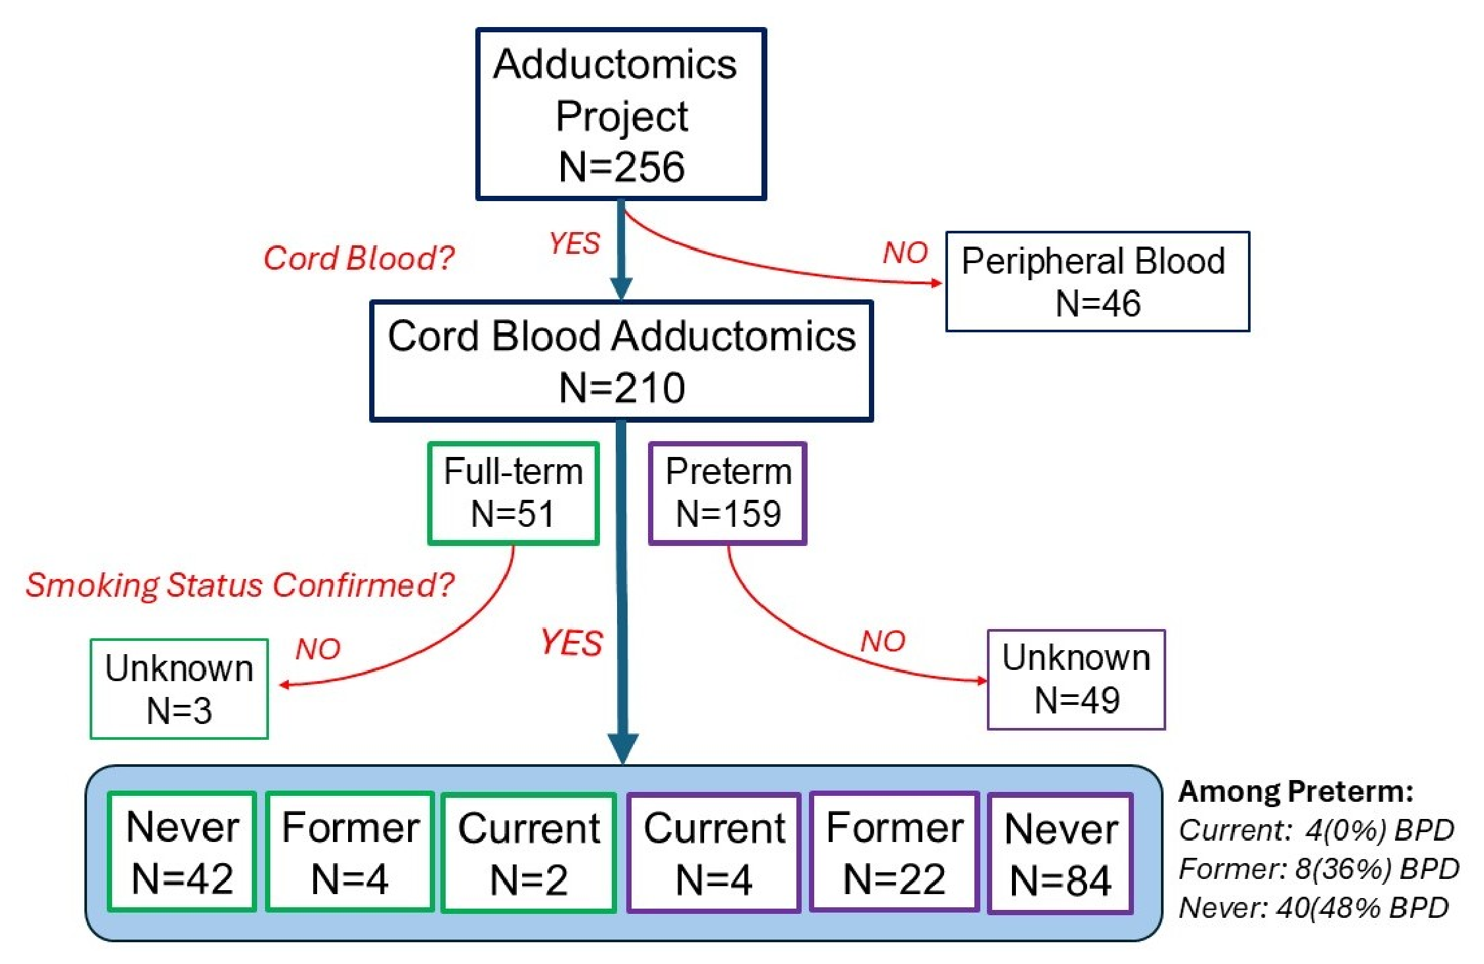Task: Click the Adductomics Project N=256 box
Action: point(620,113)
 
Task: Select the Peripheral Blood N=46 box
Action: point(1097,281)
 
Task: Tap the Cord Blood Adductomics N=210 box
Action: point(621,361)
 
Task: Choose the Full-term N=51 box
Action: point(513,493)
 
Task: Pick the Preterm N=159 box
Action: point(727,493)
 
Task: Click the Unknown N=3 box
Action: point(179,688)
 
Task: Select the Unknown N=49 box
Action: point(1076,679)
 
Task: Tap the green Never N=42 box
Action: point(182,852)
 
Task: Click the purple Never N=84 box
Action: point(1060,853)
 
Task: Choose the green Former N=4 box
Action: point(349,852)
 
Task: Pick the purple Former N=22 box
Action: point(894,853)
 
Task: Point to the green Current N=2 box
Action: point(529,853)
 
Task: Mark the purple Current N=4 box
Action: point(714,853)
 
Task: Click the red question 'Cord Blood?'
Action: point(359,257)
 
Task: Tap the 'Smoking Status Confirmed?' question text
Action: point(240,585)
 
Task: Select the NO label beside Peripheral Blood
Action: point(905,253)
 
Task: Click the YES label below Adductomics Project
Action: point(574,243)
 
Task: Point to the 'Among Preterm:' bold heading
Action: point(1295,791)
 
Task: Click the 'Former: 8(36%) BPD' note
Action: point(1319,868)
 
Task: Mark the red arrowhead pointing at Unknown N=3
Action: point(284,685)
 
